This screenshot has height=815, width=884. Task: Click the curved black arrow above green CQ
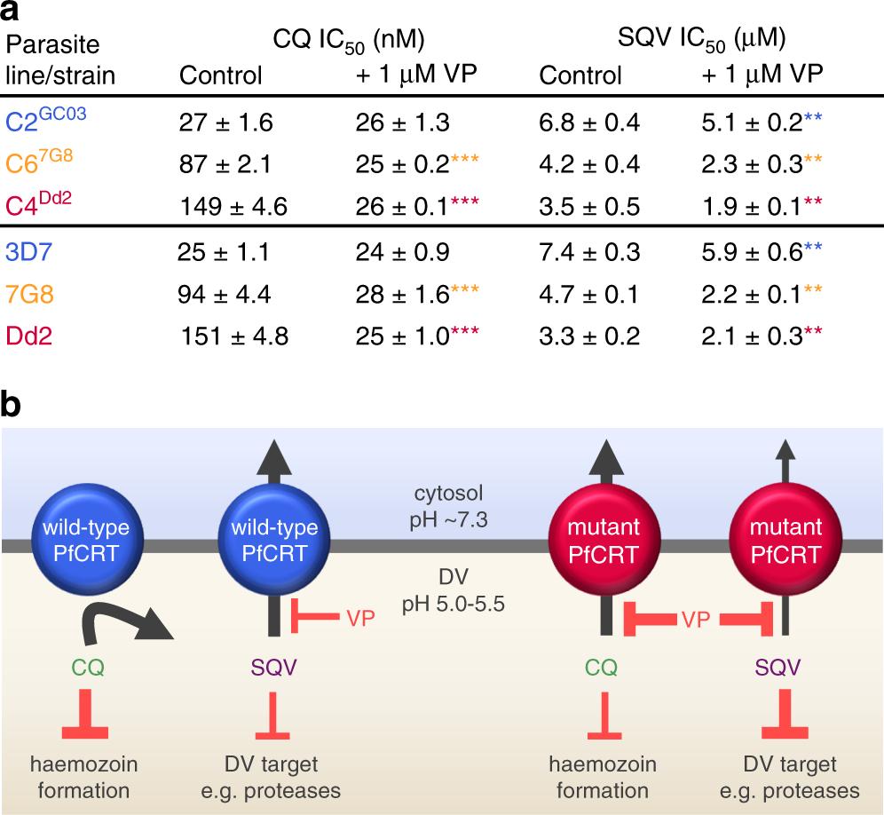point(130,618)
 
